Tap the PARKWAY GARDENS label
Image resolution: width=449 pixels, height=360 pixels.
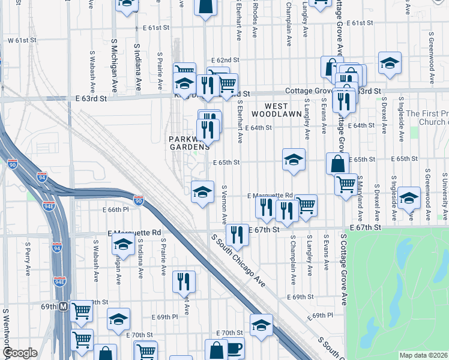189,142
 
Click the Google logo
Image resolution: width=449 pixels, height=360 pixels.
20,353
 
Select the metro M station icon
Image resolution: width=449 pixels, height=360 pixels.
63,305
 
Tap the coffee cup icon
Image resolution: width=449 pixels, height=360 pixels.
234,348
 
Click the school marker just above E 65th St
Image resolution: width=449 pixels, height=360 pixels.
294,160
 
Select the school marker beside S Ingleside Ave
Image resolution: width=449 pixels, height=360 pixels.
409,198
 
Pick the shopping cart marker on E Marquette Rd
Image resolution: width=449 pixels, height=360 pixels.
306,205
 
